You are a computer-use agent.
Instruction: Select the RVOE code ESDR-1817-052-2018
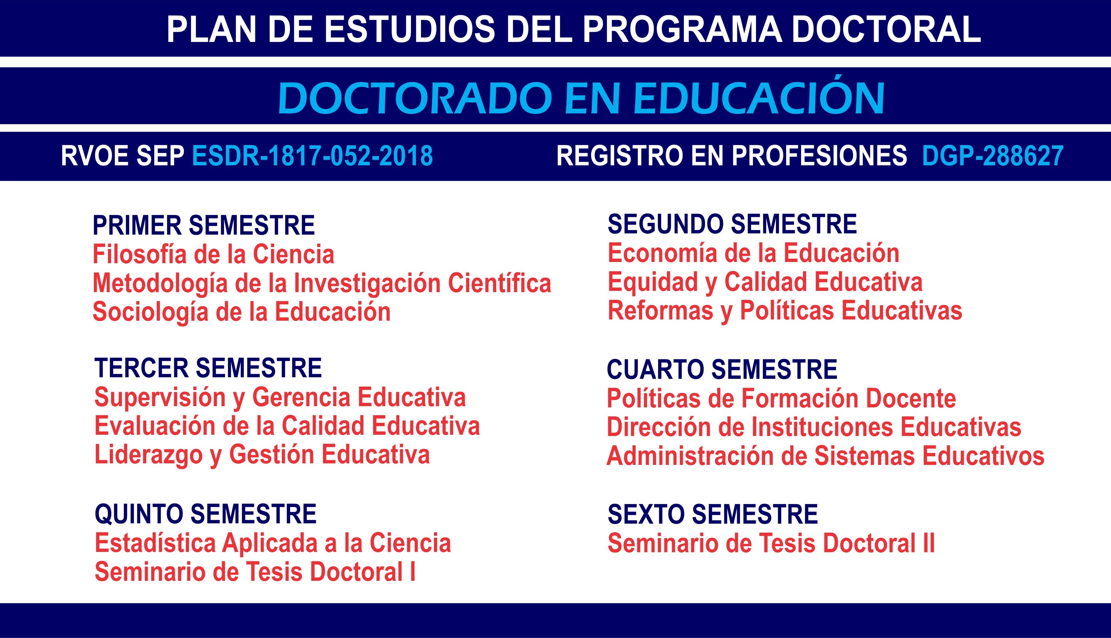[312, 156]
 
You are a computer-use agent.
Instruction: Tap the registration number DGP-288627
[992, 156]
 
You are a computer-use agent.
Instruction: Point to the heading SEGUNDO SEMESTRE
[732, 224]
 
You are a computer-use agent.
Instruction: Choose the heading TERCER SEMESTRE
[208, 368]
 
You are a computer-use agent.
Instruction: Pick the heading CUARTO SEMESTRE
[722, 369]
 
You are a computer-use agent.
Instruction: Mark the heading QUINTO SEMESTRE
[205, 514]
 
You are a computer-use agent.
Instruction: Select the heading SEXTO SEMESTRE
[712, 514]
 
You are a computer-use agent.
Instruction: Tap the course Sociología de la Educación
[241, 312]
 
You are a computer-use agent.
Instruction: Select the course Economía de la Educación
[753, 253]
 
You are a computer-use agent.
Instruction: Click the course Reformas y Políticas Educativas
[785, 311]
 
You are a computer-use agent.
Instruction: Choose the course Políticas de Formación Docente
[781, 398]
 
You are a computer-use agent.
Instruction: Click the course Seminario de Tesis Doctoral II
[771, 543]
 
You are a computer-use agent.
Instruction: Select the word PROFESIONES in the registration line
[819, 156]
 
